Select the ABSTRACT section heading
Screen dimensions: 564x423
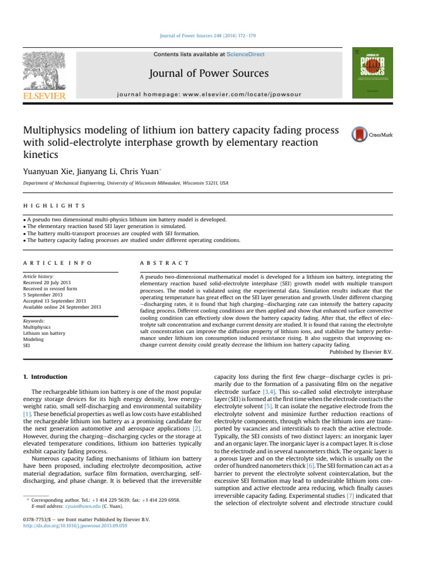(x=165, y=248)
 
